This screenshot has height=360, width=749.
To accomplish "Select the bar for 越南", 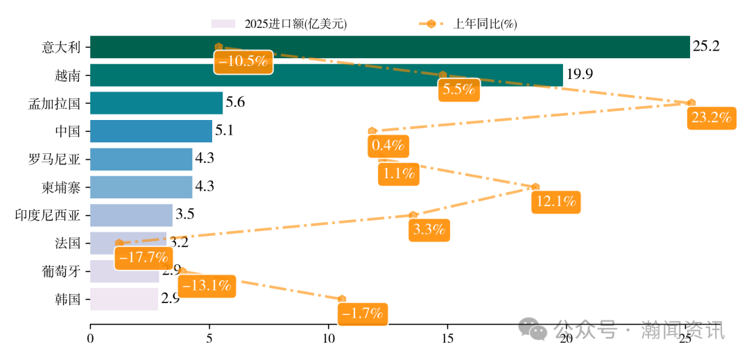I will (x=326, y=75).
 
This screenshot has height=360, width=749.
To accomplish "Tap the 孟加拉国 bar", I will (x=156, y=103).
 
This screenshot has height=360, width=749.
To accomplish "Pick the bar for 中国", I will (x=151, y=131).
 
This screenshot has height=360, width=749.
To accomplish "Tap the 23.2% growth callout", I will (x=712, y=117).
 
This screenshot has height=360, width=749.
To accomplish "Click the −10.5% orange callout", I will (x=243, y=61).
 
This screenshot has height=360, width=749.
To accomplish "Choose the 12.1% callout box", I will (x=556, y=202).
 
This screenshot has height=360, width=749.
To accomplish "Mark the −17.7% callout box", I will (x=144, y=257).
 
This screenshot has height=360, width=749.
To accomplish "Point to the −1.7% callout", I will (x=363, y=314).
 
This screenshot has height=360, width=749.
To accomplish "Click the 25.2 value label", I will (x=706, y=47).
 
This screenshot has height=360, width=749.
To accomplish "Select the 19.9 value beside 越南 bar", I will (x=579, y=75).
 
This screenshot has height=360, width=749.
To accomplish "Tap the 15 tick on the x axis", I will (x=447, y=338).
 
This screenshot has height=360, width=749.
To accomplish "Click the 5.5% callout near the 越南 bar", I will (x=459, y=89).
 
